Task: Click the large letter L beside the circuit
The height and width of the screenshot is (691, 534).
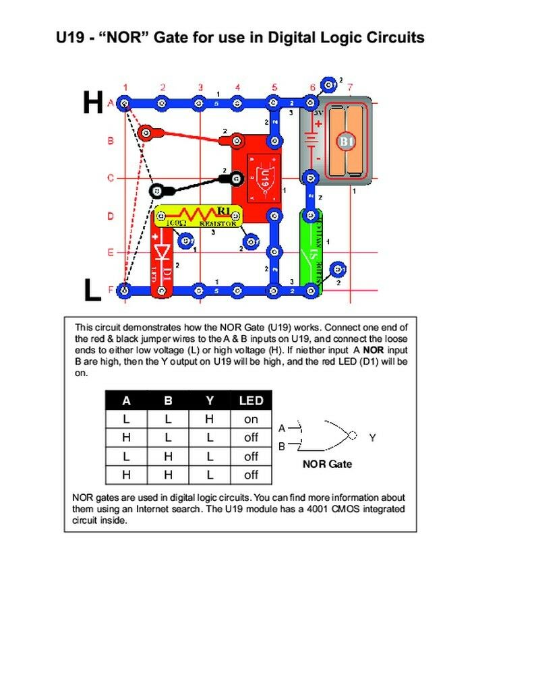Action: pos(92,290)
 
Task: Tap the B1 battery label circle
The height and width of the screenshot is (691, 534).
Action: pos(346,142)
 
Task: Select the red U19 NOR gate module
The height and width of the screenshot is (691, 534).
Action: pos(259,178)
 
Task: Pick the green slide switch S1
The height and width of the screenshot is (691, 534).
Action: pos(311,251)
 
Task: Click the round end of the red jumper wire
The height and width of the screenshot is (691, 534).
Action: pos(145,131)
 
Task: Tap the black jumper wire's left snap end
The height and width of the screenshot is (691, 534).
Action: pos(156,191)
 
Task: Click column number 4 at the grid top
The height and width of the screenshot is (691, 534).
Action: pos(237,87)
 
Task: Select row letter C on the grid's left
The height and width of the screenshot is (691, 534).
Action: pos(110,179)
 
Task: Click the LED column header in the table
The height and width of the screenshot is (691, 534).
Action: pos(251,400)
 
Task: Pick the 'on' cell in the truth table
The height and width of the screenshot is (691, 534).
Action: pos(251,419)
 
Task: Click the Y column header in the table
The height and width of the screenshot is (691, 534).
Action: pos(210,400)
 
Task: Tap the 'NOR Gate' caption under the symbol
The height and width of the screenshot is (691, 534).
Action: pos(327,464)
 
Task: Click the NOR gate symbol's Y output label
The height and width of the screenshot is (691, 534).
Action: pos(372,438)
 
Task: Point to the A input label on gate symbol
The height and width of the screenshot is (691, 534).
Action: pos(282,428)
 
